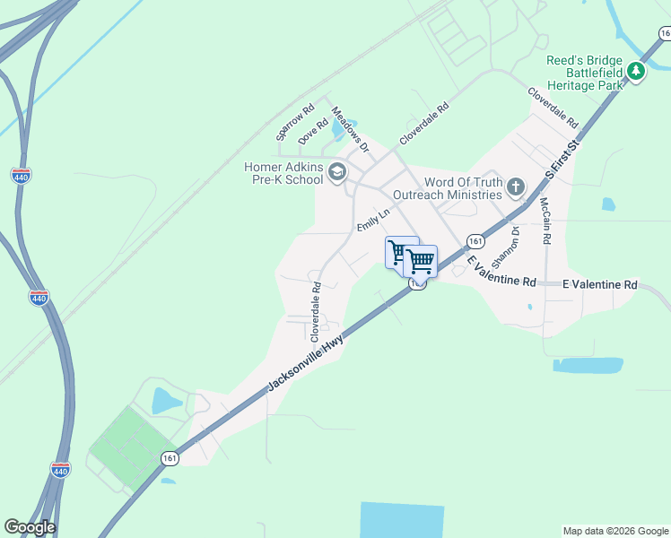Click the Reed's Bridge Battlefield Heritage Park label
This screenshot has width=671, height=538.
pyautogui.click(x=584, y=73)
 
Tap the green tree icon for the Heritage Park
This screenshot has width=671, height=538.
pyautogui.click(x=636, y=70)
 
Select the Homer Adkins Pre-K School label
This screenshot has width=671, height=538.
pyautogui.click(x=283, y=172)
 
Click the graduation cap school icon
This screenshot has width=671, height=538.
pyautogui.click(x=337, y=172)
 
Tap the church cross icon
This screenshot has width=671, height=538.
pyautogui.click(x=515, y=187)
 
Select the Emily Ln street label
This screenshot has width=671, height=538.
pyautogui.click(x=373, y=221)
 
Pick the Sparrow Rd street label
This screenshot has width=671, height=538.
pyautogui.click(x=295, y=123)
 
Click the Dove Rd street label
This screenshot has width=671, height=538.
pyautogui.click(x=314, y=131)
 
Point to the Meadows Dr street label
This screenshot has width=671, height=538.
pyautogui.click(x=351, y=127)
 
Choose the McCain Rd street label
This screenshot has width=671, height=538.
pyautogui.click(x=545, y=221)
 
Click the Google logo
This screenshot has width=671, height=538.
pyautogui.click(x=30, y=527)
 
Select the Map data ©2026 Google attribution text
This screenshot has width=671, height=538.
pyautogui.click(x=615, y=531)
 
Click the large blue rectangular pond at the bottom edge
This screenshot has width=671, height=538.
pyautogui.click(x=402, y=520)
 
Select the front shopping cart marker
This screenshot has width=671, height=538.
pyautogui.click(x=420, y=261)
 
